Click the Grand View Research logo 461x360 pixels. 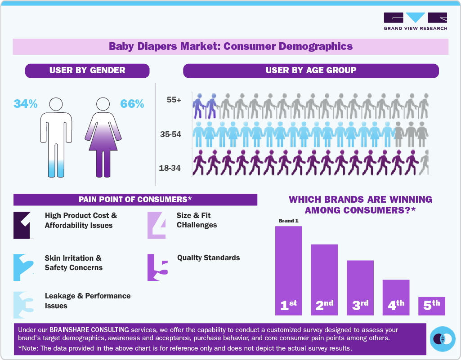coord(415,21)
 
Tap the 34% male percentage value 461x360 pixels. coord(25,104)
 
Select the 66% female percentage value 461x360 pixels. coord(132,104)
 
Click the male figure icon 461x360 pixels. coord(56,137)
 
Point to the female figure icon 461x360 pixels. coord(103,137)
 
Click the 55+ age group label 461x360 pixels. coord(174,100)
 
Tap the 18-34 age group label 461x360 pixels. coord(170,168)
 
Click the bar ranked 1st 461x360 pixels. coord(288,270)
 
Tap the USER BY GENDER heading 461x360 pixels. coord(87,71)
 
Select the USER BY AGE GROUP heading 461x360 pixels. coord(311,71)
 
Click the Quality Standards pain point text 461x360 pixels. coord(208,258)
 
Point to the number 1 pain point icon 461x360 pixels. coord(23,225)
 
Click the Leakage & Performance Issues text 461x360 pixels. coord(88,301)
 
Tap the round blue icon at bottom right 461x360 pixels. coord(443,338)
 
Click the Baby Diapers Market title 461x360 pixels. coord(231,46)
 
